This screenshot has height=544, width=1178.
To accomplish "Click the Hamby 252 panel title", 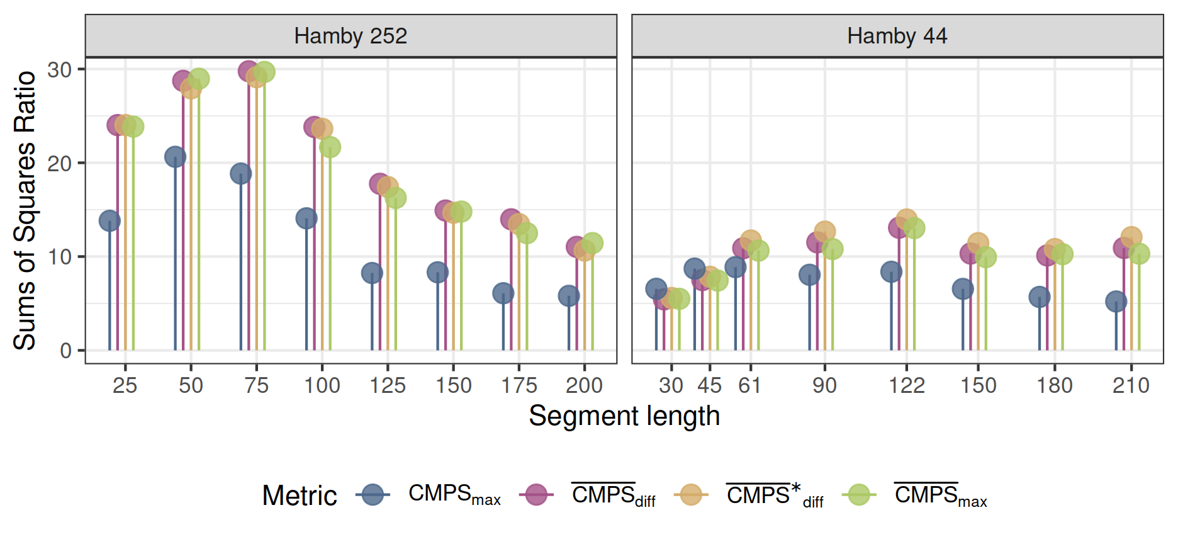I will (x=351, y=36).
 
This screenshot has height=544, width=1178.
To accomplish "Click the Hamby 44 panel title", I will (x=897, y=36).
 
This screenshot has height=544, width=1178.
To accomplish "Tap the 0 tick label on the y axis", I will (x=65, y=351).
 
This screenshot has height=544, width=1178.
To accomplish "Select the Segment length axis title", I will (x=624, y=416).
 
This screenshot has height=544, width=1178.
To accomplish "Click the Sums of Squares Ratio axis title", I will (x=25, y=210).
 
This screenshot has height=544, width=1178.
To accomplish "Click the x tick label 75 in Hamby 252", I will (x=256, y=385).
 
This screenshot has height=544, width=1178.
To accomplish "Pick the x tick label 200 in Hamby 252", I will (x=584, y=385).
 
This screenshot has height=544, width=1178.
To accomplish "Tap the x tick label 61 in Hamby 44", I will (x=749, y=385).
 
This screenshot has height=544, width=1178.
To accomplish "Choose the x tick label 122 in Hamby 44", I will (x=906, y=385).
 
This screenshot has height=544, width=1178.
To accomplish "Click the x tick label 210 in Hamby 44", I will (x=1131, y=385).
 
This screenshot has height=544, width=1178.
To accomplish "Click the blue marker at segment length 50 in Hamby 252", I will (x=175, y=157).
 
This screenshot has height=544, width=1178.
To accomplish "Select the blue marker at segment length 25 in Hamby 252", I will (x=109, y=221).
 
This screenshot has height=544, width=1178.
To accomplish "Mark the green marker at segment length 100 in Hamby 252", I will (x=330, y=147).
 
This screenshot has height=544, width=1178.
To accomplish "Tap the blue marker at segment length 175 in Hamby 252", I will (x=503, y=293).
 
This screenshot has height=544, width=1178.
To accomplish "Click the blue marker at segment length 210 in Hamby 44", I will (x=1116, y=301).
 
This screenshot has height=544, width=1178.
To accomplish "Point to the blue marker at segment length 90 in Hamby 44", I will (x=809, y=275).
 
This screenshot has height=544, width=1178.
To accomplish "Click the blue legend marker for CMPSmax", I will (x=373, y=495).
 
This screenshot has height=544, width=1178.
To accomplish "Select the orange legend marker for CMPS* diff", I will (x=690, y=495).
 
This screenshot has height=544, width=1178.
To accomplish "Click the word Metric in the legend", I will (x=300, y=496).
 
